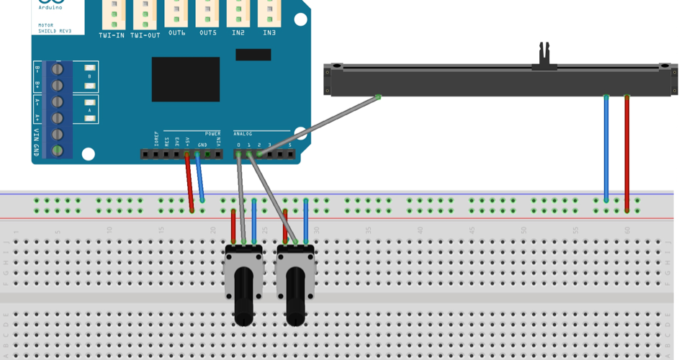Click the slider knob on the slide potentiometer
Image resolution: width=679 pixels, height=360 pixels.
(x=545, y=58)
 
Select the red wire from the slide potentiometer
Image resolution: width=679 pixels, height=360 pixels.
(x=627, y=151)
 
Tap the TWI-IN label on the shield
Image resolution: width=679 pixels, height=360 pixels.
(x=112, y=35)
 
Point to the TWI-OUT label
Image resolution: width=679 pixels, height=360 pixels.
(x=145, y=35)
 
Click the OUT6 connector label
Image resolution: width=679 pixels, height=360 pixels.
(x=177, y=33)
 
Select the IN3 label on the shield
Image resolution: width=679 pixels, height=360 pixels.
(x=269, y=33)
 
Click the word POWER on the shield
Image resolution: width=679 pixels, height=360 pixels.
(x=213, y=134)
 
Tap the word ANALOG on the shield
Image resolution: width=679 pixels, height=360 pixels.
(x=243, y=134)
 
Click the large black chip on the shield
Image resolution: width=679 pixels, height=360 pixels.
(x=185, y=79)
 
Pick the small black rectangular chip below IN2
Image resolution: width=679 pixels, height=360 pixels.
(x=253, y=55)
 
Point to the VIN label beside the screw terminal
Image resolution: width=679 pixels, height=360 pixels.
(x=37, y=134)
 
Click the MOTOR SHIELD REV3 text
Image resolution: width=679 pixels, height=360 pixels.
(x=51, y=29)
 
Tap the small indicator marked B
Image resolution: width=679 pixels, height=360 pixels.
(x=89, y=76)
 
